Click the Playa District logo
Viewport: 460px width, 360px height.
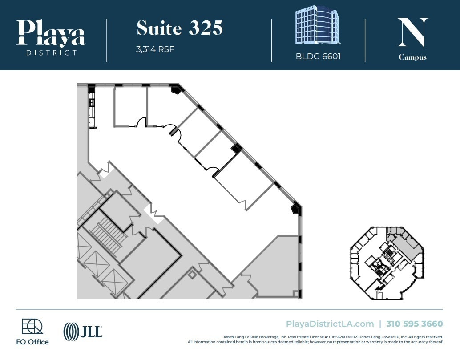51,37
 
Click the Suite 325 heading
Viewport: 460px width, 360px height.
179,28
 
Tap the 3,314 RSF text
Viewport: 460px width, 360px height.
155,49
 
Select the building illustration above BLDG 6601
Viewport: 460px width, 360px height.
317,25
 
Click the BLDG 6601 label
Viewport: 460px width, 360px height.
318,57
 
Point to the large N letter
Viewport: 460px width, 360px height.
412,32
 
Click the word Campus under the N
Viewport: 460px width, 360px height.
412,57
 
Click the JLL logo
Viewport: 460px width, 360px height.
83,331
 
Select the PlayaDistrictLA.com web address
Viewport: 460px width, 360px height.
330,324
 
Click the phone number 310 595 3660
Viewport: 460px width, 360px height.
414,324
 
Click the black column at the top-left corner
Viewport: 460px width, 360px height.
91,88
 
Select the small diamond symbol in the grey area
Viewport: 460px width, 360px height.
192,275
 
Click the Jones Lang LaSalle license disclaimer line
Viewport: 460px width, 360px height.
332,337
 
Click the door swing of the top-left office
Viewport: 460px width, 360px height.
141,122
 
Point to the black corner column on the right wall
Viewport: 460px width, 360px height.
296,208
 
